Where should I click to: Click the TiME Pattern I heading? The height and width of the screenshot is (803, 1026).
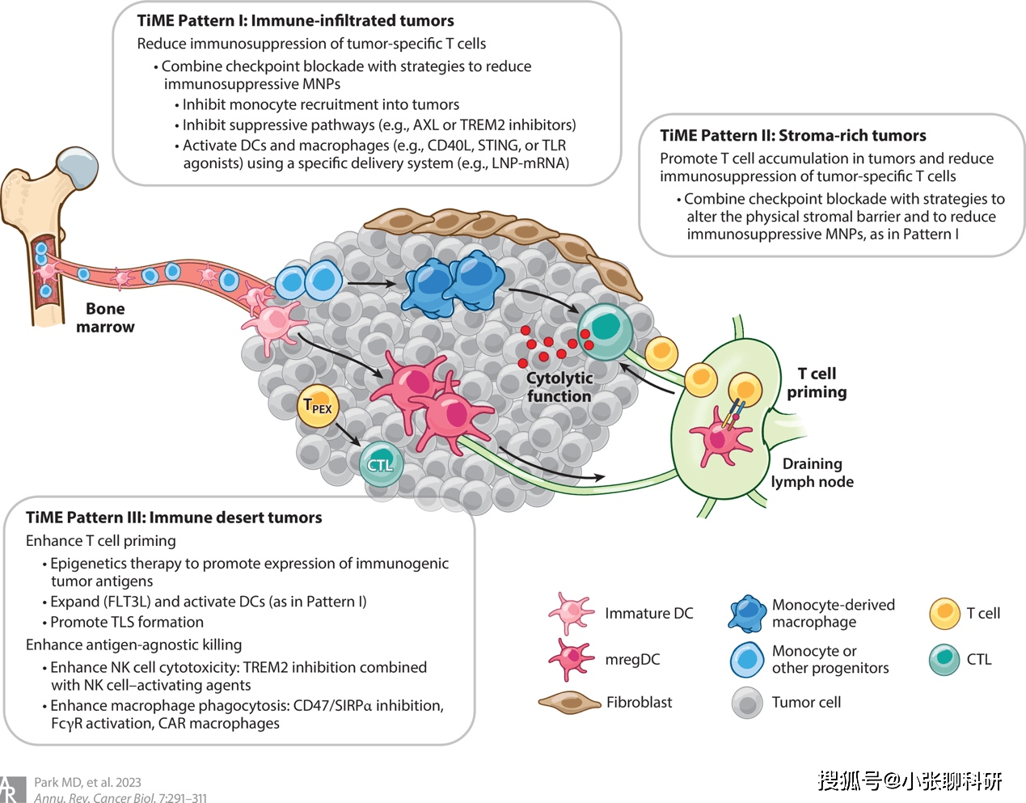tap(295, 21)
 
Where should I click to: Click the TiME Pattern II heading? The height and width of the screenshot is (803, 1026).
tap(792, 136)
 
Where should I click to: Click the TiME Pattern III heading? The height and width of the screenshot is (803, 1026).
tap(174, 518)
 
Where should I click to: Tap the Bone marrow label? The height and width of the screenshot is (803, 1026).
tap(105, 318)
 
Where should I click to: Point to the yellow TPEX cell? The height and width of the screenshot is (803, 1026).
tap(318, 406)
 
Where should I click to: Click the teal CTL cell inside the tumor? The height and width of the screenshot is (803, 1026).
tap(380, 464)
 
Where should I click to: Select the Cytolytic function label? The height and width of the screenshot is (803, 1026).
tap(559, 387)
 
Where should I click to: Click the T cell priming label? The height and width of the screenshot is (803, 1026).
tap(817, 382)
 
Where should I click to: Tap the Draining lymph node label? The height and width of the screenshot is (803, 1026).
tap(812, 473)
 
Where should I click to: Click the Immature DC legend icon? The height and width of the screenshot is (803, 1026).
tap(571, 612)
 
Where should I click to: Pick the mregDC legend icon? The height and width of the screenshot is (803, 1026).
tap(571, 659)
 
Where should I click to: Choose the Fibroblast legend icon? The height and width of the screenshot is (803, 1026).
tap(569, 703)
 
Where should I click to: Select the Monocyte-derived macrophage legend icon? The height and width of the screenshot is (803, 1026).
tap(747, 614)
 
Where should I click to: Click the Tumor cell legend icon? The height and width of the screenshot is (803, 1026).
tap(747, 703)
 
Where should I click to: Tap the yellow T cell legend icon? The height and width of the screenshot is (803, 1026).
tap(944, 614)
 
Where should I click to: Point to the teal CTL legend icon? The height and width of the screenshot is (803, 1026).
tap(944, 660)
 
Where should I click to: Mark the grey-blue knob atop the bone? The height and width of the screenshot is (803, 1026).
tap(78, 168)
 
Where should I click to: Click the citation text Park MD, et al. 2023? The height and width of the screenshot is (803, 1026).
tap(87, 783)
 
